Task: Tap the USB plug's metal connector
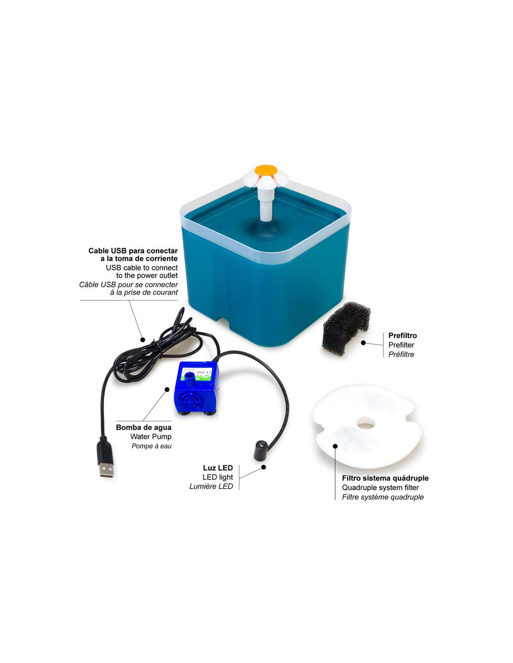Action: (x=106, y=470)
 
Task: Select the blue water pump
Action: (x=196, y=387)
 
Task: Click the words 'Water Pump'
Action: (x=151, y=436)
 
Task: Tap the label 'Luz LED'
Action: (x=218, y=468)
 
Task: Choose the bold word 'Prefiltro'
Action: (x=402, y=335)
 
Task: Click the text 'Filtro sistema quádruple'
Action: (x=385, y=478)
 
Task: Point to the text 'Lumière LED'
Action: (x=211, y=486)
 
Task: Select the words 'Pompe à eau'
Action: (x=152, y=446)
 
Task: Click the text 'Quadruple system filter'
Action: (x=380, y=488)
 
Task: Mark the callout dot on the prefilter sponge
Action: (x=363, y=343)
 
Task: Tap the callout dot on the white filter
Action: (x=335, y=446)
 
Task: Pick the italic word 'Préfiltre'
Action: (x=401, y=354)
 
